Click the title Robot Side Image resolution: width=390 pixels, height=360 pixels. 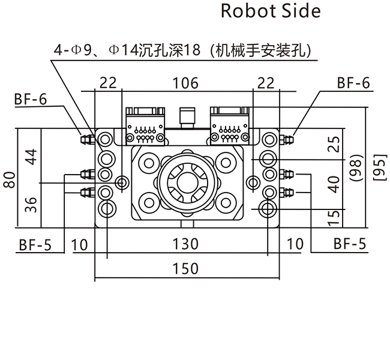pyautogui.click(x=271, y=11)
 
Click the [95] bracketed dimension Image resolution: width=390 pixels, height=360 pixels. pyautogui.click(x=379, y=164)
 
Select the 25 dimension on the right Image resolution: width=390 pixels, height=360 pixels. pyautogui.click(x=335, y=143)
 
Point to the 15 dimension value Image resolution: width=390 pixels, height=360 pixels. pyautogui.click(x=335, y=215)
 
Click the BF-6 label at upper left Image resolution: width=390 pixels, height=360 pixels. pyautogui.click(x=31, y=100)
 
